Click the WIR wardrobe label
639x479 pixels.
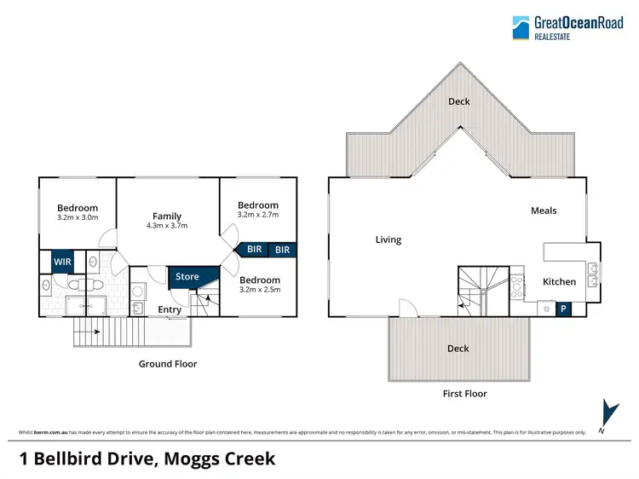tap(62, 262)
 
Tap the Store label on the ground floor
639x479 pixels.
tap(187, 276)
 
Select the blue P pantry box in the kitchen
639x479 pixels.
tap(563, 309)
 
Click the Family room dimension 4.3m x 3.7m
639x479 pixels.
tap(167, 225)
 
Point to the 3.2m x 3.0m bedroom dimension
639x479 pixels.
tap(78, 217)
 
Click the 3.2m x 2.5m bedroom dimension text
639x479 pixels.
tap(260, 290)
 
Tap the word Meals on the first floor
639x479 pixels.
tap(544, 211)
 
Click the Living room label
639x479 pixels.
tap(389, 239)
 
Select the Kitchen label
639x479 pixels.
tap(559, 282)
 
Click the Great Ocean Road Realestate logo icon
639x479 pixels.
tap(521, 28)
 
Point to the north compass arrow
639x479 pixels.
tap(610, 413)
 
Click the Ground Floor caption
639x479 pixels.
tap(168, 364)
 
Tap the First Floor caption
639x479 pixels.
tap(465, 394)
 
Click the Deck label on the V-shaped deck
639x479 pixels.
tap(459, 101)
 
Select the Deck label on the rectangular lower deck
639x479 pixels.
tap(458, 349)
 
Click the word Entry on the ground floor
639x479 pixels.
tap(170, 310)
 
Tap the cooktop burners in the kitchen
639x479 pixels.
tap(517, 286)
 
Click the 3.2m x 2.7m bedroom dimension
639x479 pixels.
tap(258, 215)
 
